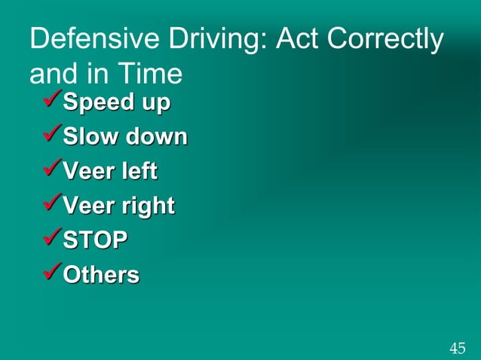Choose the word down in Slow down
click(x=156, y=137)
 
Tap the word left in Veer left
click(x=140, y=172)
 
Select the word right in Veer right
click(x=149, y=206)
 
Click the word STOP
click(x=95, y=241)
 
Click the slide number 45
click(x=457, y=348)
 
